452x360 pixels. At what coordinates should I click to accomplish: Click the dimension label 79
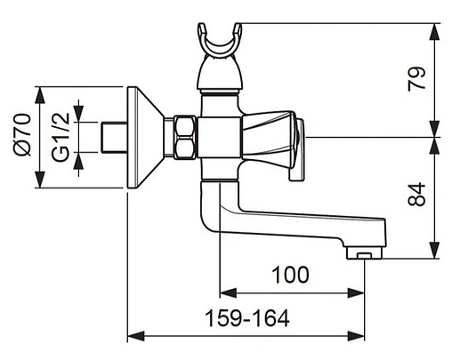pyautogui.click(x=416, y=78)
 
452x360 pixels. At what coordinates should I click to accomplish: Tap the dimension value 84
pyautogui.click(x=416, y=195)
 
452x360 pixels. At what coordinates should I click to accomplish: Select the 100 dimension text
pyautogui.click(x=290, y=275)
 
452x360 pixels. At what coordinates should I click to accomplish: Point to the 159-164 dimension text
pyautogui.click(x=247, y=318)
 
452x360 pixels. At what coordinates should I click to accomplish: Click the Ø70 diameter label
pyautogui.click(x=22, y=135)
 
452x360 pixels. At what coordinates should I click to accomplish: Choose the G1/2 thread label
pyautogui.click(x=61, y=137)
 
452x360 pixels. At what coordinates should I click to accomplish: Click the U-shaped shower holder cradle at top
pyautogui.click(x=220, y=42)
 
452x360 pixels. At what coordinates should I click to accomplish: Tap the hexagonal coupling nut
pyautogui.click(x=185, y=138)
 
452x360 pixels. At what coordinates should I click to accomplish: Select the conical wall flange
pyautogui.click(x=146, y=137)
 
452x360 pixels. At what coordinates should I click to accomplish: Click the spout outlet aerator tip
pyautogui.click(x=365, y=254)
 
